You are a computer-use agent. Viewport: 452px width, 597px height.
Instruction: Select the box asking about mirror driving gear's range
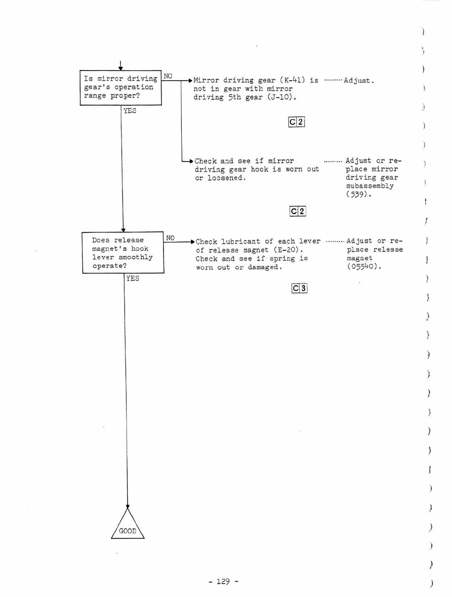121,87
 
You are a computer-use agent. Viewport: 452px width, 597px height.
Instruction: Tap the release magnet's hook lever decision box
123,253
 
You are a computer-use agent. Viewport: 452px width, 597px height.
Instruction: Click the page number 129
223,581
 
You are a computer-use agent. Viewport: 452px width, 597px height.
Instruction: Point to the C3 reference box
299,288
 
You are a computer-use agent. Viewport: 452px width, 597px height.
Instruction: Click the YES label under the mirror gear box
130,111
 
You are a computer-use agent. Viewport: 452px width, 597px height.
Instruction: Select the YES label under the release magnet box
133,279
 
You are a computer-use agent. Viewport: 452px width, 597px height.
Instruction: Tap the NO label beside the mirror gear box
168,76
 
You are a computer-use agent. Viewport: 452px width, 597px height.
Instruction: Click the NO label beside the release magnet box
170,238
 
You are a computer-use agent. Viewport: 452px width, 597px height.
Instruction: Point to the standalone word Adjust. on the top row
359,81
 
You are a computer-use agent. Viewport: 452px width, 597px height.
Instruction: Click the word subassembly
370,186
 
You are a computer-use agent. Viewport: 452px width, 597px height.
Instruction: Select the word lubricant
241,242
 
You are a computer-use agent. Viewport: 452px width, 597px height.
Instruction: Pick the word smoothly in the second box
136,257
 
